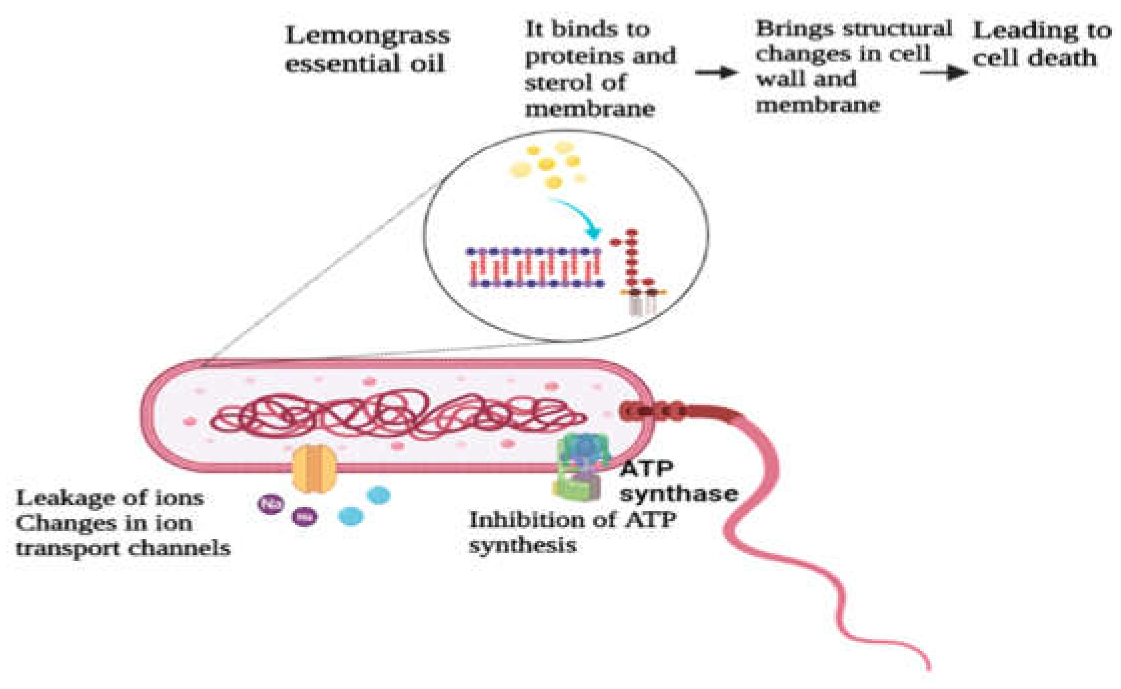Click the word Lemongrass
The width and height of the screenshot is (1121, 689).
click(368, 36)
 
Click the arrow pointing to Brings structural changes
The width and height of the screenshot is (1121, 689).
click(716, 73)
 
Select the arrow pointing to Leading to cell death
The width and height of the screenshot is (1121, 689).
click(943, 73)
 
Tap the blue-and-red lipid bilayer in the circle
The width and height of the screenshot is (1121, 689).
click(535, 268)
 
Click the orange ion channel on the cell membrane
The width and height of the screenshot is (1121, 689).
click(314, 469)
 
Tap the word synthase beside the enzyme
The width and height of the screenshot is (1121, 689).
click(679, 494)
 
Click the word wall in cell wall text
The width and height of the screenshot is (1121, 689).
click(780, 79)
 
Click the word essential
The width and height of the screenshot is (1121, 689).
click(340, 64)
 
